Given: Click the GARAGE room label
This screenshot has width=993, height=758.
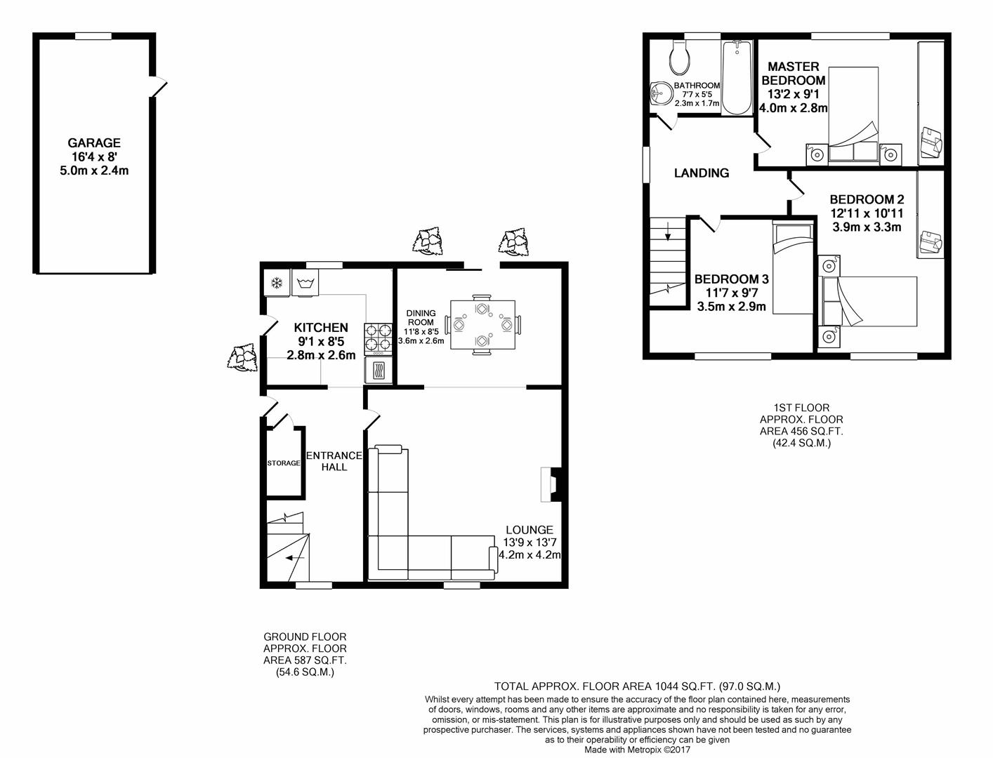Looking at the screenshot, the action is tap(94, 143).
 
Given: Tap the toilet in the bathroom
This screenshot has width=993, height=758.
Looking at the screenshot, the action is tap(680, 58).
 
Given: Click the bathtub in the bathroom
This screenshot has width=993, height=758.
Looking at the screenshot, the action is tap(737, 78).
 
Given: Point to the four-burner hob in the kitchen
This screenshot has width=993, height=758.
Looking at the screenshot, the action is tap(379, 338).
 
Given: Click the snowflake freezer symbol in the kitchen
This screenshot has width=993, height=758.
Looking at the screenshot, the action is tap(277, 284).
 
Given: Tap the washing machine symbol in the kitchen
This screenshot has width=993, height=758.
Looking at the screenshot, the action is tap(305, 284).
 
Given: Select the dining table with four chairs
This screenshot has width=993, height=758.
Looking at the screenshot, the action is tap(482, 324).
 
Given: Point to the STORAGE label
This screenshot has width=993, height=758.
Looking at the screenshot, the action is tap(284, 463).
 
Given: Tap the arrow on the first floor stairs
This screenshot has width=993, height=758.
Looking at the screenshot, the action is tap(668, 232).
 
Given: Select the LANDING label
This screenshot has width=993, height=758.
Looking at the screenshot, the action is tap(702, 173).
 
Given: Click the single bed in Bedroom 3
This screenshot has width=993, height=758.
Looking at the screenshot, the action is tap(793, 267).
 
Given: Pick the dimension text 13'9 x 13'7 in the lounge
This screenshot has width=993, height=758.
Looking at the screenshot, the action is tap(530, 542).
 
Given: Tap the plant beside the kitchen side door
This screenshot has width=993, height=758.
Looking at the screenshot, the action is tap(243, 357).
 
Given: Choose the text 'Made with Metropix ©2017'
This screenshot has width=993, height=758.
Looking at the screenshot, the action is tap(638, 750).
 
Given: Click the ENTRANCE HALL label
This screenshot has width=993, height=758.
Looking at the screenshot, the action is tap(334, 461).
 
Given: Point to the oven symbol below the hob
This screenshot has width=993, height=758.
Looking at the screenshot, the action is tap(379, 371).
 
